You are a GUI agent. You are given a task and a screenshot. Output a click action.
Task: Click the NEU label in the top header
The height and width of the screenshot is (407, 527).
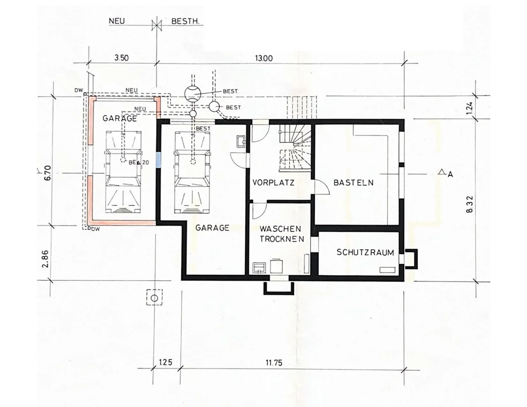point(117,21)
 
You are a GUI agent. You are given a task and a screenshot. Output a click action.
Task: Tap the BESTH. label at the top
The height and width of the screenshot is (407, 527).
point(185,21)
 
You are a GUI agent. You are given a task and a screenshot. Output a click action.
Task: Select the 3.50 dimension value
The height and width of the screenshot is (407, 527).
point(121,58)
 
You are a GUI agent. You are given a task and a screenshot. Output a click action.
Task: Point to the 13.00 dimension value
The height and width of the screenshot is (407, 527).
point(263,58)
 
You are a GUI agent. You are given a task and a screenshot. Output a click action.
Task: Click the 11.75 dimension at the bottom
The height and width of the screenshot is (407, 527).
point(274,363)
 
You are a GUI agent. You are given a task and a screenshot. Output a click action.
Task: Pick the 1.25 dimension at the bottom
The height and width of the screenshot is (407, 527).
point(166,362)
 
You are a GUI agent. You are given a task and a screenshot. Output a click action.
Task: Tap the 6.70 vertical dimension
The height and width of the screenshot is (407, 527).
point(48,173)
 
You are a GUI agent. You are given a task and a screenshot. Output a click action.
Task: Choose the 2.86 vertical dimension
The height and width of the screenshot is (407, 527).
point(45,259)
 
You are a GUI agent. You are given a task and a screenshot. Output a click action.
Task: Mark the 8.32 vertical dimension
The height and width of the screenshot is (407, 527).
point(470,204)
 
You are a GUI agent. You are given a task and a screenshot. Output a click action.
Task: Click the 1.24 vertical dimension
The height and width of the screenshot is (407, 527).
point(470,108)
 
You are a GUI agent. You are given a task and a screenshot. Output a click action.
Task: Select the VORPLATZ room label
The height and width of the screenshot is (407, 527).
point(273,183)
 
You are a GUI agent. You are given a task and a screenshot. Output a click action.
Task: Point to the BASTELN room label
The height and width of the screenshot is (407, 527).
point(353,183)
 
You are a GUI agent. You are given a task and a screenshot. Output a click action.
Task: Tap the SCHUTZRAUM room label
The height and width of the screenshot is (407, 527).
point(365,252)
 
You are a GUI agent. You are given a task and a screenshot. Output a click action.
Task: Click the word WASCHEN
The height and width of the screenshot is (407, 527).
point(280,229)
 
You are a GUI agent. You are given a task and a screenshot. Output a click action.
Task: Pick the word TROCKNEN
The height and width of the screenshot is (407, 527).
point(282,239)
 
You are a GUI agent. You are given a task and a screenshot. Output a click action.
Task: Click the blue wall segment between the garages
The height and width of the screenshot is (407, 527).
point(159,160)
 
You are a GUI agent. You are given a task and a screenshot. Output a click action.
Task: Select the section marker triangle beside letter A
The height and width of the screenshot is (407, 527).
point(442,172)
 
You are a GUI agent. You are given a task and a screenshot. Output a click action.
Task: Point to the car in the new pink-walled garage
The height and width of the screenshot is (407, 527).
point(123,172)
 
